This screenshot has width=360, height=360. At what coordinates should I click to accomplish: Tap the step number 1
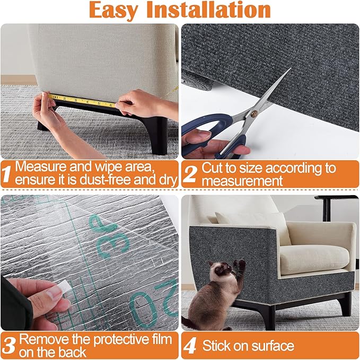coord(7,174)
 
